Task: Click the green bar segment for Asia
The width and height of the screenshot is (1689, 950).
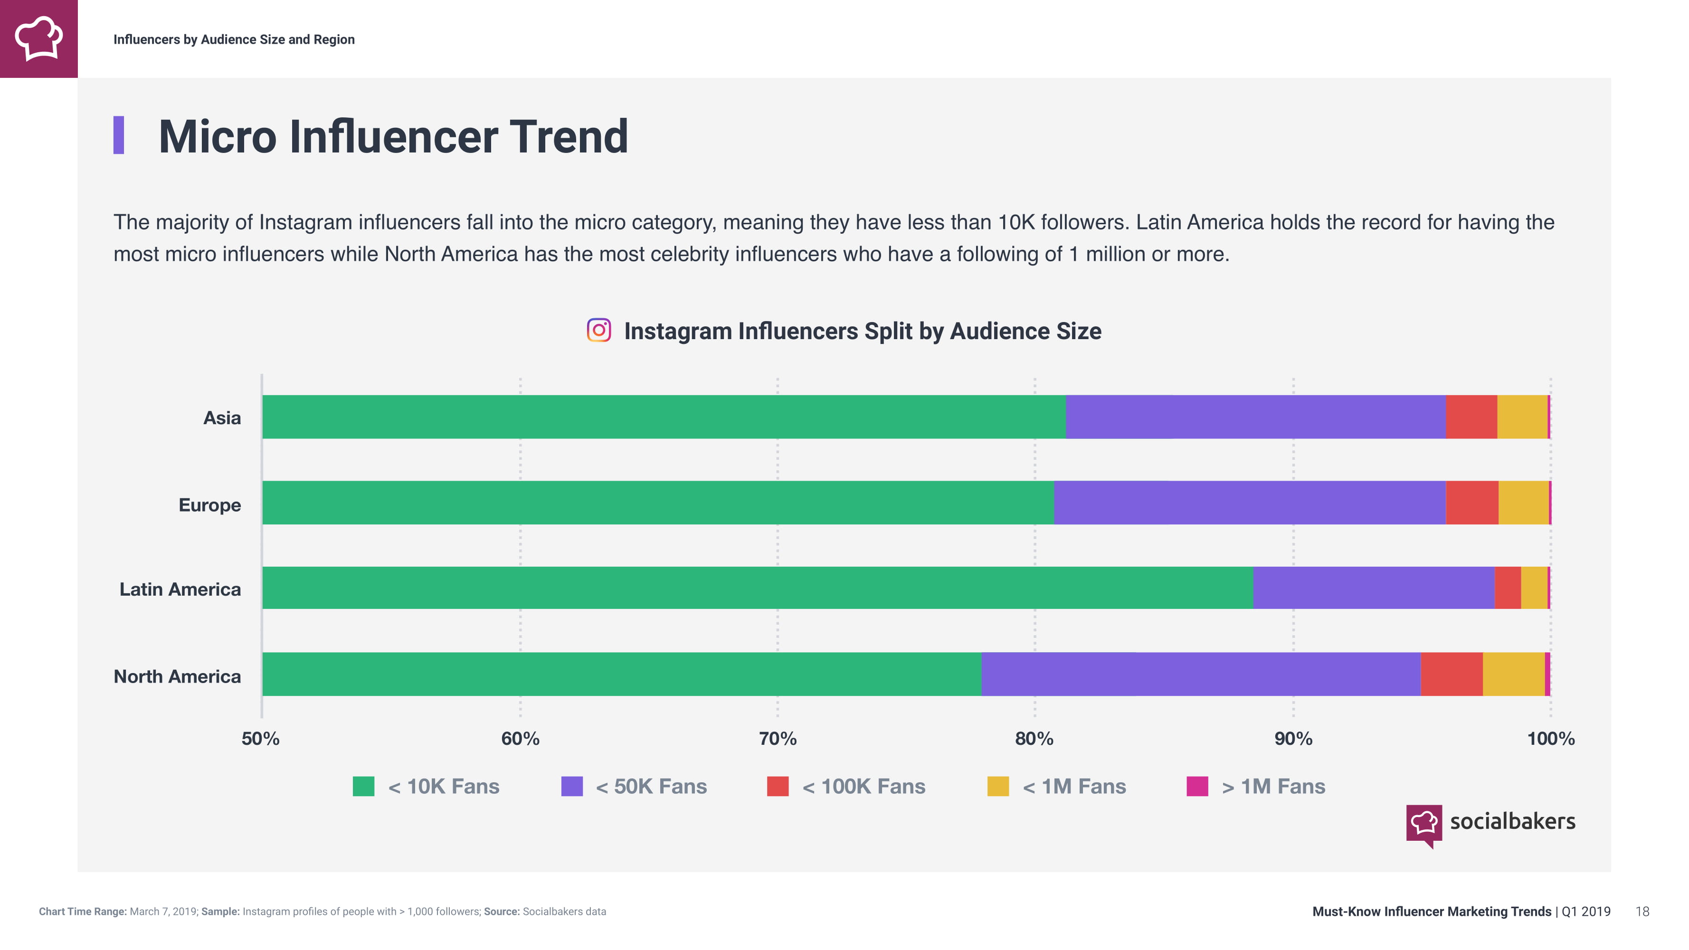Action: (x=664, y=417)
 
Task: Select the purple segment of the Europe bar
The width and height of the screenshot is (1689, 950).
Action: (x=1249, y=503)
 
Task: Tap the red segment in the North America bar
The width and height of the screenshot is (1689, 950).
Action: (x=1451, y=674)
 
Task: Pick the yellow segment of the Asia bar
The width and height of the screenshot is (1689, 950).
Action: (x=1522, y=417)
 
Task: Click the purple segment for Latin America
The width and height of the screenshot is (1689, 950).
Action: (x=1374, y=588)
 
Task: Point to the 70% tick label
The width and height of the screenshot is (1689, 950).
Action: (x=778, y=739)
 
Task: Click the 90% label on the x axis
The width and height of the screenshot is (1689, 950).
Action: (x=1293, y=739)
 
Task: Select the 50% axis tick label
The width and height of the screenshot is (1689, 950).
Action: (x=260, y=739)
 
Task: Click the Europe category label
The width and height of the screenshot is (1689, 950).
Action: (x=210, y=505)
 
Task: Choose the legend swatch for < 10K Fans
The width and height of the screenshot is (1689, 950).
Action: (x=363, y=786)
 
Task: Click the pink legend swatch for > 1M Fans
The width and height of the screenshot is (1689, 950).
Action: (x=1197, y=786)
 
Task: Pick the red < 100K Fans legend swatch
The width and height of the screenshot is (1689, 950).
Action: (x=778, y=786)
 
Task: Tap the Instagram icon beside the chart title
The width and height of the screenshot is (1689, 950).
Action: (x=598, y=331)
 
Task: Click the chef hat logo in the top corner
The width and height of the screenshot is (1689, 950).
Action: (x=38, y=38)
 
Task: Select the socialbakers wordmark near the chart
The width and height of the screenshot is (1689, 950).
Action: (x=1512, y=821)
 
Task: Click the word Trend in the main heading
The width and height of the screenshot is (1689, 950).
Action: (x=569, y=136)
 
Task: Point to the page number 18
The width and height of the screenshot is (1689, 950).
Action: (x=1642, y=912)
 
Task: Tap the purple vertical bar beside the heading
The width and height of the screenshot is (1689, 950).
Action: (x=119, y=135)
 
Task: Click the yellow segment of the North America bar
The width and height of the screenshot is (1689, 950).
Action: (x=1513, y=674)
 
